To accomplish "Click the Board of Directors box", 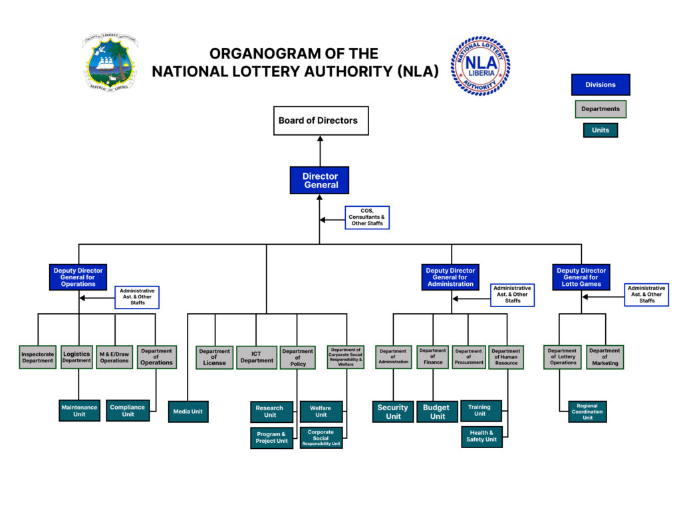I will coord(321,121).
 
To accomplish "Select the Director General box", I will coord(320,180).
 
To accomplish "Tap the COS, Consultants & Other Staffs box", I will coord(367,217).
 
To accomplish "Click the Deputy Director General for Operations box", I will coord(78,277).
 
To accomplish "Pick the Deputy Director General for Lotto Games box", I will coord(581,277).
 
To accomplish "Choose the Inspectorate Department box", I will coord(37,357).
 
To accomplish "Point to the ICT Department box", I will coord(257,357).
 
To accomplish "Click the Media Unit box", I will coord(188,412).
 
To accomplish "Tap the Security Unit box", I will coord(393,412).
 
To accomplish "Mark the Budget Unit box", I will coord(437,412).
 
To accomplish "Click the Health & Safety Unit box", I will coord(481,436).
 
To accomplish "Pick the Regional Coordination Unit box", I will coord(587,412).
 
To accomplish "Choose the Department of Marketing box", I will coord(605,357).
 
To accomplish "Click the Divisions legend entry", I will coord(600,84).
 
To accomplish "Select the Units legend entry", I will coord(600,130).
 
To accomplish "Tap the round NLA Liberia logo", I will coord(480,65).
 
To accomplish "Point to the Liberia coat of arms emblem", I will coord(110,63).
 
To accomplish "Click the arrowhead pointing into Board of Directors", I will coord(320,139).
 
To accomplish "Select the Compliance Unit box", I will coord(127,411).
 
